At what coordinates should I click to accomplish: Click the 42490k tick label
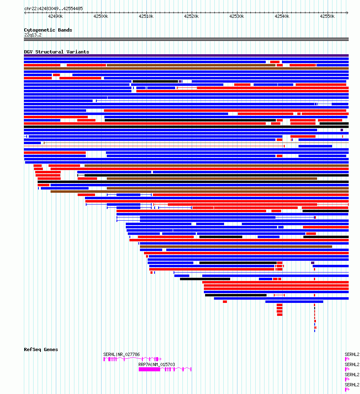coord(55,16)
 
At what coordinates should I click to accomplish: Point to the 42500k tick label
coord(101,16)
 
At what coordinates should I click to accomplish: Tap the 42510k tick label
coord(146,16)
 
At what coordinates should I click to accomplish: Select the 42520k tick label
coord(191,16)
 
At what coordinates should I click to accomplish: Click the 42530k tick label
coord(237,16)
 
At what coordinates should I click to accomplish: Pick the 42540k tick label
coord(282,16)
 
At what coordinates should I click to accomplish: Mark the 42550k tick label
coord(327,16)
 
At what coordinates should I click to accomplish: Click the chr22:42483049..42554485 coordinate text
coord(53,9)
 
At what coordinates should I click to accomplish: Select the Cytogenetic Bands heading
coord(48,30)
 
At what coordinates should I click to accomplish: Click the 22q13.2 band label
coord(33,35)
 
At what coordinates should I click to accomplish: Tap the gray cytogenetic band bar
coord(186,39)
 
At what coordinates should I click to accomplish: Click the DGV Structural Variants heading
coord(57,52)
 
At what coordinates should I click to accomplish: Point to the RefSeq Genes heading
coord(41,349)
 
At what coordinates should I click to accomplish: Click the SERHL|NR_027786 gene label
coord(121,354)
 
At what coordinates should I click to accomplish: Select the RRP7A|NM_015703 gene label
coord(157,364)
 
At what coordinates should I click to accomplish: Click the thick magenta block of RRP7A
coord(149,369)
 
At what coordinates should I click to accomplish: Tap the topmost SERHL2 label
coord(352,354)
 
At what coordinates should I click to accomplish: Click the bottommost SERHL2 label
coord(352,385)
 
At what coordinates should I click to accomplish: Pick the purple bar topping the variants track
coord(186,55)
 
